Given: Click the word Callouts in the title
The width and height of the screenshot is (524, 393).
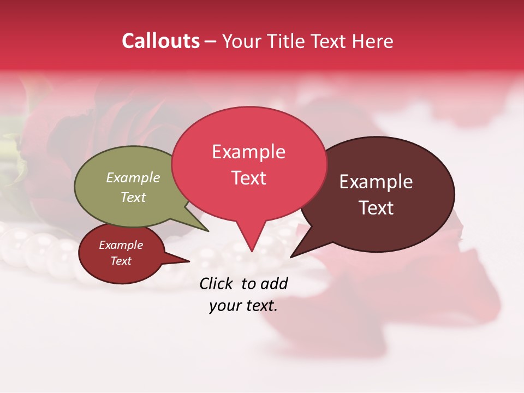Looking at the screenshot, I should coord(160,41).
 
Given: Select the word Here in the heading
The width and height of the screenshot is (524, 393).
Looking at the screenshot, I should coord(373,41).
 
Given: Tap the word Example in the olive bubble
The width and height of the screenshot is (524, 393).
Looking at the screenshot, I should coord(133,177).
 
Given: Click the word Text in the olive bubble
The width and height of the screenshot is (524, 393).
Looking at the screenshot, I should coord(133,197).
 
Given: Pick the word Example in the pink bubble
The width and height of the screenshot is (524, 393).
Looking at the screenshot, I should coord(248,152).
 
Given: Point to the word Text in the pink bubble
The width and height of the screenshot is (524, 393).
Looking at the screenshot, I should coord(248,178).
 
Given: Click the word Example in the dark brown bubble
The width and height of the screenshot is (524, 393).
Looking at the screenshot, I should coord(376,182).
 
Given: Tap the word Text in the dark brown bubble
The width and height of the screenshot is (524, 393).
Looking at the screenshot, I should coord(376,208).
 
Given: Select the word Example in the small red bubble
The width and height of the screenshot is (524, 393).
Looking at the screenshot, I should coord(121,245).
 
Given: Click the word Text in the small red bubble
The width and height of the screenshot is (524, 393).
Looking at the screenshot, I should coord(121,261).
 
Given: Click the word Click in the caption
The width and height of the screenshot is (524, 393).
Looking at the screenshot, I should coord(217,283).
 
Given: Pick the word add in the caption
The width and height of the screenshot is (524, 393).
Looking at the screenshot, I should coord(275,283).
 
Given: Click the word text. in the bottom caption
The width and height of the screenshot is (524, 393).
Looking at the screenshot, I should coord(260,306).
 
